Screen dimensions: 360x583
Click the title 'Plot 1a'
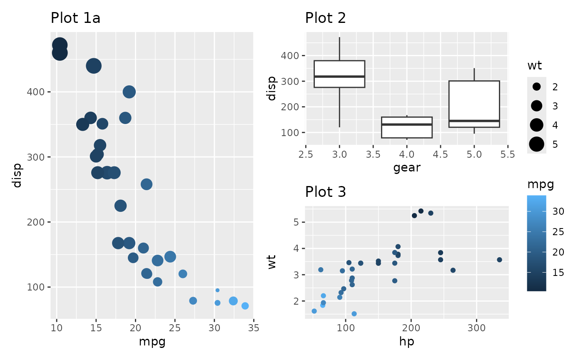point(75,18)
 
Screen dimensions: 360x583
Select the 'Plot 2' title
point(325,18)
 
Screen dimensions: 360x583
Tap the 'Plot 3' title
point(325,192)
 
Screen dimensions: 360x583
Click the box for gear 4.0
point(407,127)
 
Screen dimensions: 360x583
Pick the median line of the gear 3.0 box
point(339,77)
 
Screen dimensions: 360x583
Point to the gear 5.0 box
point(474,104)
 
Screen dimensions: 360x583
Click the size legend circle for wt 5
point(537,144)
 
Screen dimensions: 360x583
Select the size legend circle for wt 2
point(537,87)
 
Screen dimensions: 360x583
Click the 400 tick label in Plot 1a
point(38,92)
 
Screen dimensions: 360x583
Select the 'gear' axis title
point(407,168)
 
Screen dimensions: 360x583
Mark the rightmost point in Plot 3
point(499,260)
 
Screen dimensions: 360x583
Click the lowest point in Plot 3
point(354,314)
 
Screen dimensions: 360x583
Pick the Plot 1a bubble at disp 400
point(129,92)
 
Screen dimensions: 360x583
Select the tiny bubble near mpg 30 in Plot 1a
point(217,290)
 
